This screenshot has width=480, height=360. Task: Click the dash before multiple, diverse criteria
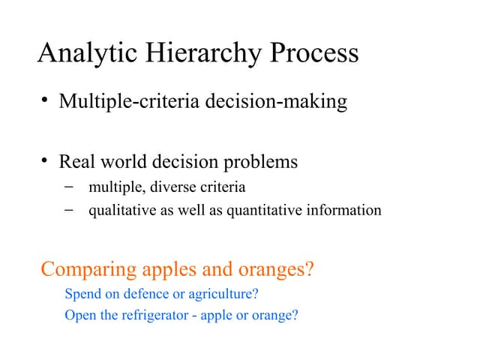coord(69,187)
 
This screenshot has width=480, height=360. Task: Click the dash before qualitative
coord(69,210)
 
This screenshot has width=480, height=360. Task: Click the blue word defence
coord(142,294)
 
